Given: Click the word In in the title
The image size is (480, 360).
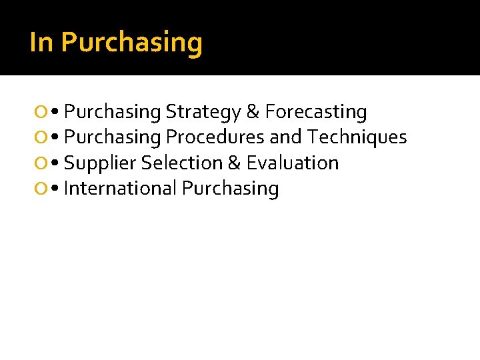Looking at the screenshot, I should tap(41, 42).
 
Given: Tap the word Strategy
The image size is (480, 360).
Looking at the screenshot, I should tap(204, 113).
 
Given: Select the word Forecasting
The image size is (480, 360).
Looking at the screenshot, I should tap(316, 113).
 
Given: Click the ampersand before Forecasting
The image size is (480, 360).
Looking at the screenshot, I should tap(253, 112).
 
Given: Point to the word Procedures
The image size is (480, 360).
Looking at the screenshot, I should tap(215, 137).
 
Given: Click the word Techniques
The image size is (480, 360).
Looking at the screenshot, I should tap(357, 137).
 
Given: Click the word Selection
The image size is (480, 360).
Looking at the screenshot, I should tap(175, 163).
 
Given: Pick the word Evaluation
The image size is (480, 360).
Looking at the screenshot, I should tap(293, 163).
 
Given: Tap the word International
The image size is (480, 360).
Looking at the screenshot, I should tap(120, 189).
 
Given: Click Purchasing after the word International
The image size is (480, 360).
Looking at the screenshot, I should tap(230, 189).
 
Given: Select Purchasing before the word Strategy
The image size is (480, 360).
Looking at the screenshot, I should tap(113, 113).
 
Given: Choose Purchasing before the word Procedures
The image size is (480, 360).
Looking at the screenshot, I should tap(113, 138).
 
